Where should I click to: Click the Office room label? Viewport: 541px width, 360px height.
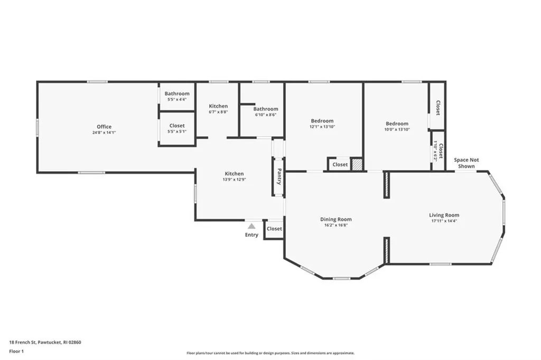click(x=104, y=127)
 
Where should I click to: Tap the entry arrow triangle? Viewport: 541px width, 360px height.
click(x=251, y=226)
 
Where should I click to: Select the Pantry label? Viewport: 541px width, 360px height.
click(x=279, y=177)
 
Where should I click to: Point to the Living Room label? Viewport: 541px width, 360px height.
click(x=444, y=215)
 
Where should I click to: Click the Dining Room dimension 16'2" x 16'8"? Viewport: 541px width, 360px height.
click(x=335, y=225)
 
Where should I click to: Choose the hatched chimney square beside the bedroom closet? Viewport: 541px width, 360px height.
click(x=357, y=164)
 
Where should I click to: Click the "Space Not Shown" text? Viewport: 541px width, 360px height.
click(x=466, y=163)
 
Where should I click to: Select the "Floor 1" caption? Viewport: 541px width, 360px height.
click(x=16, y=352)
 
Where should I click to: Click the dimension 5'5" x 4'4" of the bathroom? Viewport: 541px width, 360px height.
click(x=176, y=99)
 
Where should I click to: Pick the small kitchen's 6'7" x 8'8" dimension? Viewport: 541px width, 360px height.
click(x=218, y=112)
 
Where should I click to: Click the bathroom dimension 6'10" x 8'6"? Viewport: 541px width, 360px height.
click(x=266, y=115)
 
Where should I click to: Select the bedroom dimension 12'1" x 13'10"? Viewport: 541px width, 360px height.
click(x=322, y=127)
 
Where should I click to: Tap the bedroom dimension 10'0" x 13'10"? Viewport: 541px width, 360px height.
click(x=397, y=130)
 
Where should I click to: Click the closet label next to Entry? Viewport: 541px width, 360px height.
click(x=274, y=228)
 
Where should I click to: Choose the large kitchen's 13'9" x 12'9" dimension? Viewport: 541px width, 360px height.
click(x=234, y=180)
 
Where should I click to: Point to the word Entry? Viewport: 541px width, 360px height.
click(x=251, y=235)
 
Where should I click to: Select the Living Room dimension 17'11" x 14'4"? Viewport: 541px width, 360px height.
click(x=444, y=221)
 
